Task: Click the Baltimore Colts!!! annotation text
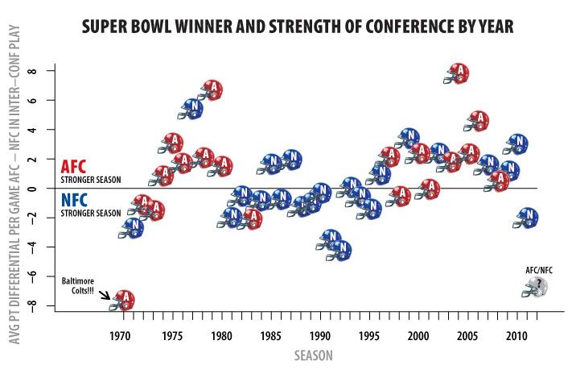tap(84, 286)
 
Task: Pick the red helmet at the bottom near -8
tap(123, 301)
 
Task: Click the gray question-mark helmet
tap(537, 287)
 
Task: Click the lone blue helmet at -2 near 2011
tap(526, 218)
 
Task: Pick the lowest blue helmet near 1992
tap(341, 251)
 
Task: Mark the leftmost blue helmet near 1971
tap(131, 228)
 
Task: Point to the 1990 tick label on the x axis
tap(320, 334)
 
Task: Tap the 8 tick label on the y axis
tap(33, 71)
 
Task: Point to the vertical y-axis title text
tap(14, 201)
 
